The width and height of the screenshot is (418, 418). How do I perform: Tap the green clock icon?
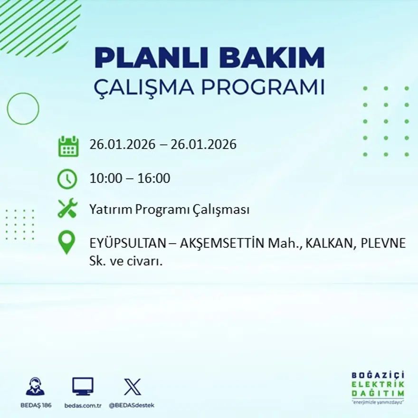tap(67, 179)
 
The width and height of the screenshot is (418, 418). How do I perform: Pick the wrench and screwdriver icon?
tap(67, 209)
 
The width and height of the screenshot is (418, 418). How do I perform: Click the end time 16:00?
tap(154, 179)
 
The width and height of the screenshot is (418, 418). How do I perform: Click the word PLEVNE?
tap(383, 244)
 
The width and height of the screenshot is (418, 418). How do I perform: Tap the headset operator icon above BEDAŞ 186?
tap(35, 386)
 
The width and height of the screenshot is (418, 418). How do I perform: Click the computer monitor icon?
tap(83, 386)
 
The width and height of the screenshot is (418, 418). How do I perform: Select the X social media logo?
tap(132, 386)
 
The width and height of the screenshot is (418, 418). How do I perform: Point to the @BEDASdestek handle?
tap(132, 405)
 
